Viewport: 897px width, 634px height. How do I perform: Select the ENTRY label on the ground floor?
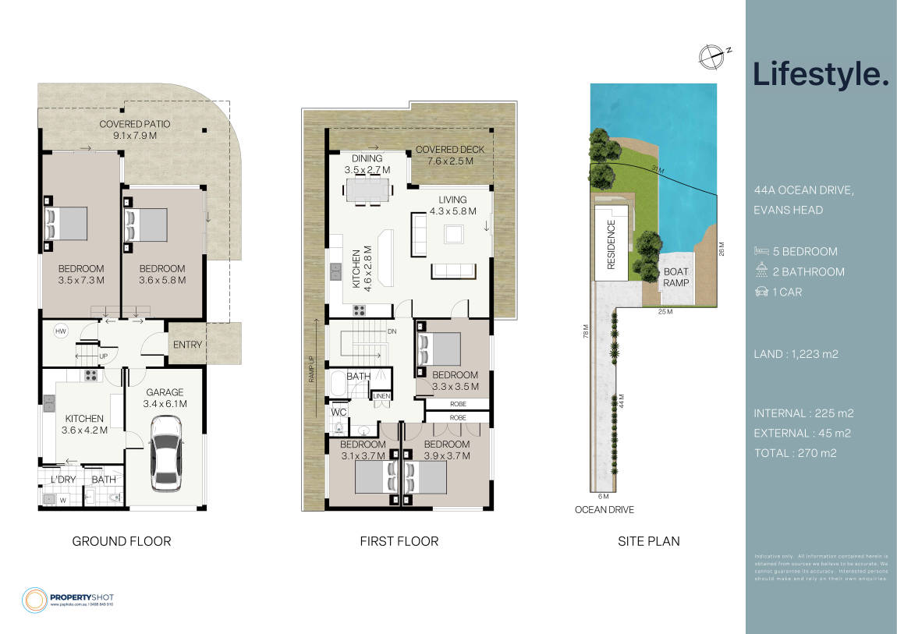pyautogui.click(x=187, y=345)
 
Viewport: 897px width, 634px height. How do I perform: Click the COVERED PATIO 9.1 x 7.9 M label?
pyautogui.click(x=135, y=129)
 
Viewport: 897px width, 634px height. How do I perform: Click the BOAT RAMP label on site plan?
pyautogui.click(x=675, y=277)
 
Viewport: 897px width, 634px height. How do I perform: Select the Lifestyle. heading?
pyautogui.click(x=821, y=74)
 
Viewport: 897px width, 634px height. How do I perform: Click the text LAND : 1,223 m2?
pyautogui.click(x=795, y=354)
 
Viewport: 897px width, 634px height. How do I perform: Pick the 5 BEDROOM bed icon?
pyautogui.click(x=761, y=251)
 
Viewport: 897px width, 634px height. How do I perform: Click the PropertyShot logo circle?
pyautogui.click(x=35, y=599)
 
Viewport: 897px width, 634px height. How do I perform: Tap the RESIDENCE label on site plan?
pyautogui.click(x=611, y=243)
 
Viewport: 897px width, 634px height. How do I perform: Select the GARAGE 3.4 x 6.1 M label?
pyautogui.click(x=165, y=398)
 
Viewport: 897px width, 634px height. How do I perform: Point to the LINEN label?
pyautogui.click(x=381, y=396)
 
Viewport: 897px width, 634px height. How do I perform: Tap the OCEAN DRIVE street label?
pyautogui.click(x=604, y=510)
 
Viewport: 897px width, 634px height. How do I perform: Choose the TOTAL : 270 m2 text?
pyautogui.click(x=795, y=452)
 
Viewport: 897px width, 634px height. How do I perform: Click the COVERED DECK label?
pyautogui.click(x=449, y=155)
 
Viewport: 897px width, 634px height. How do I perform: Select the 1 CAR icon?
pyautogui.click(x=761, y=292)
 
